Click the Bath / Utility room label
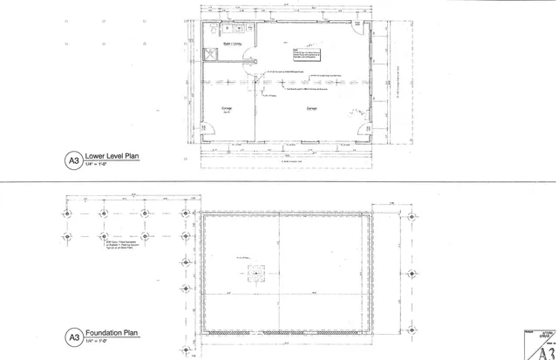tap(234, 43)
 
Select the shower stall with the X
tap(210, 54)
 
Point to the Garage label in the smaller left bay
tap(225, 109)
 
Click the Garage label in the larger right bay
tap(310, 109)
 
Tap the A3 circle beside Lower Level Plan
tap(73, 161)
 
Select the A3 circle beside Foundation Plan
tap(73, 336)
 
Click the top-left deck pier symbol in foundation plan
tap(67, 214)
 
